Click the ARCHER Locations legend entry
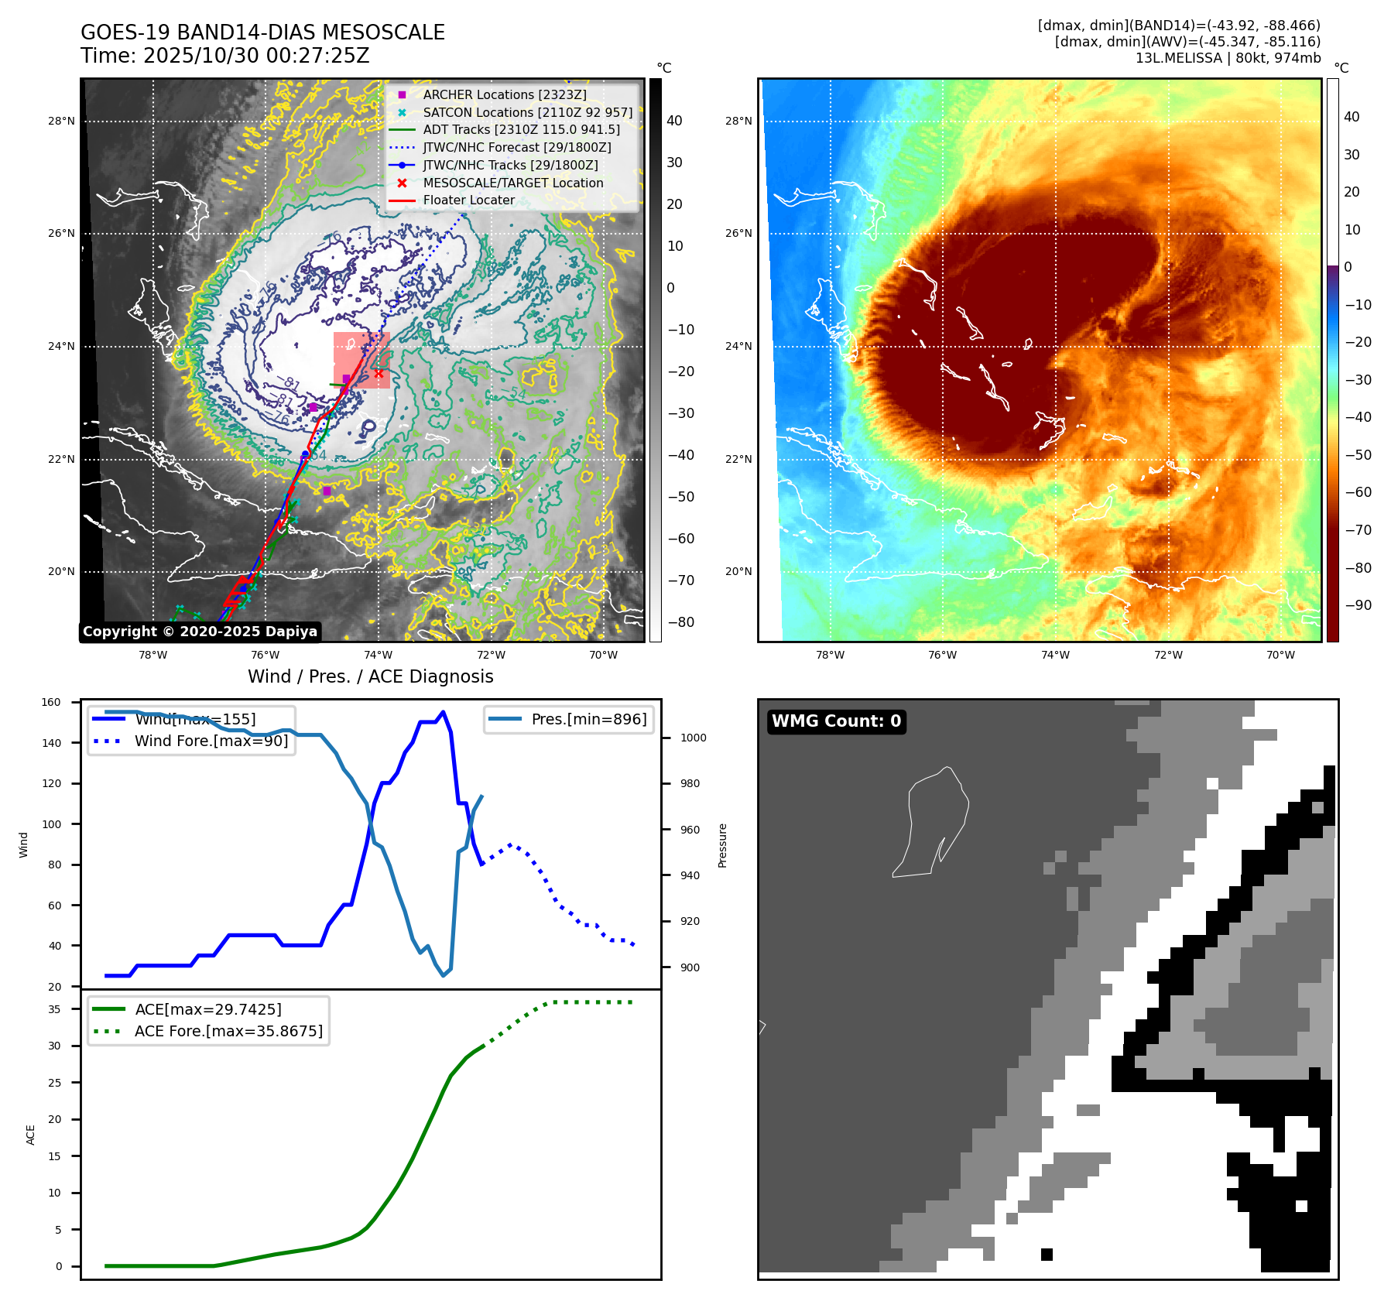click(504, 94)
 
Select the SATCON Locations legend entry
click(527, 112)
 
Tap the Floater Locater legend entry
click(468, 200)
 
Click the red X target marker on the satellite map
click(379, 374)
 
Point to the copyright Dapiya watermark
click(200, 632)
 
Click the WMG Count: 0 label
click(836, 721)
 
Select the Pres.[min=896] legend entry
click(588, 719)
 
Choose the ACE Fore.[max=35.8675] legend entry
click(228, 1031)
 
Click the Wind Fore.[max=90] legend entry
click(211, 741)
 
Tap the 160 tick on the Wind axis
click(51, 702)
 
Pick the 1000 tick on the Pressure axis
click(693, 738)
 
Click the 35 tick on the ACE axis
click(54, 1009)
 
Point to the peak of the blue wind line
click(443, 712)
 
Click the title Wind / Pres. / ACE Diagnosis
click(370, 676)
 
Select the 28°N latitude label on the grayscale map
click(61, 121)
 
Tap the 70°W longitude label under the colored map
click(1280, 655)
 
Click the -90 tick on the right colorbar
click(1358, 605)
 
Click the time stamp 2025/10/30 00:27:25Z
click(256, 56)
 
